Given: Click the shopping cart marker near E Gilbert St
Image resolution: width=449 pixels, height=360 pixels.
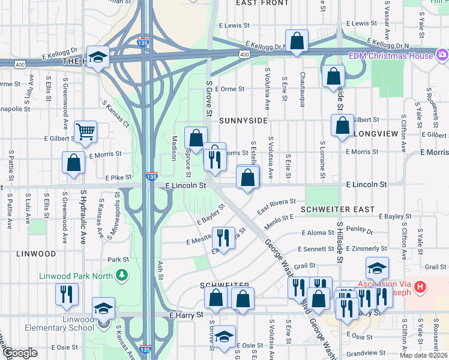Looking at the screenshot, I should (x=86, y=131).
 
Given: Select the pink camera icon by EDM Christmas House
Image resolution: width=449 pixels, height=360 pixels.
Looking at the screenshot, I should (x=442, y=55).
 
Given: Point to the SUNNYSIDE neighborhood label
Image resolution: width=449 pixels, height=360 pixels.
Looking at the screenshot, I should (x=243, y=120).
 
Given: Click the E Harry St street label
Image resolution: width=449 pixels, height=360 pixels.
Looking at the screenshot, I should (x=187, y=314).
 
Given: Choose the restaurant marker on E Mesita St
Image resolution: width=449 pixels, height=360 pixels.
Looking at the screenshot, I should (x=223, y=238).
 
